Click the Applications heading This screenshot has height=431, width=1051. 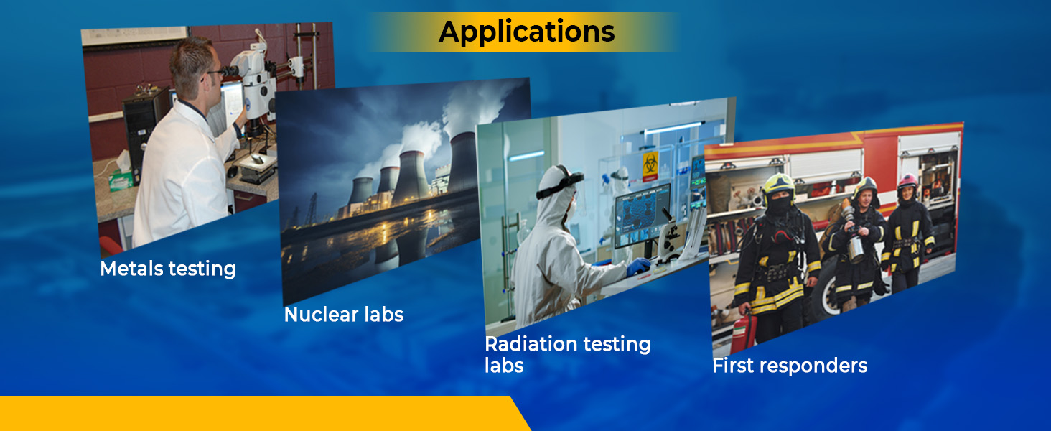coord(526,32)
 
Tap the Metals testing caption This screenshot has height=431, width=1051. coord(168,269)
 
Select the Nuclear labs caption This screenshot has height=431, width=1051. coord(343,314)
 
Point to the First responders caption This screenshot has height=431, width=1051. coord(790,366)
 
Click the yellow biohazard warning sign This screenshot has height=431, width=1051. coord(650,165)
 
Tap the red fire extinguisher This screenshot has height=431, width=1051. coord(744,333)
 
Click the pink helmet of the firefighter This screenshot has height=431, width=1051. coord(907,180)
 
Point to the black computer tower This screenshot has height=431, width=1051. coord(141,133)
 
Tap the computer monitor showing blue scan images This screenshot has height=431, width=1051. coord(642,215)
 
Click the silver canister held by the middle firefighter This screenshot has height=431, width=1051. coord(856,249)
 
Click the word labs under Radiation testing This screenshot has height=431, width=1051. coord(504,366)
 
